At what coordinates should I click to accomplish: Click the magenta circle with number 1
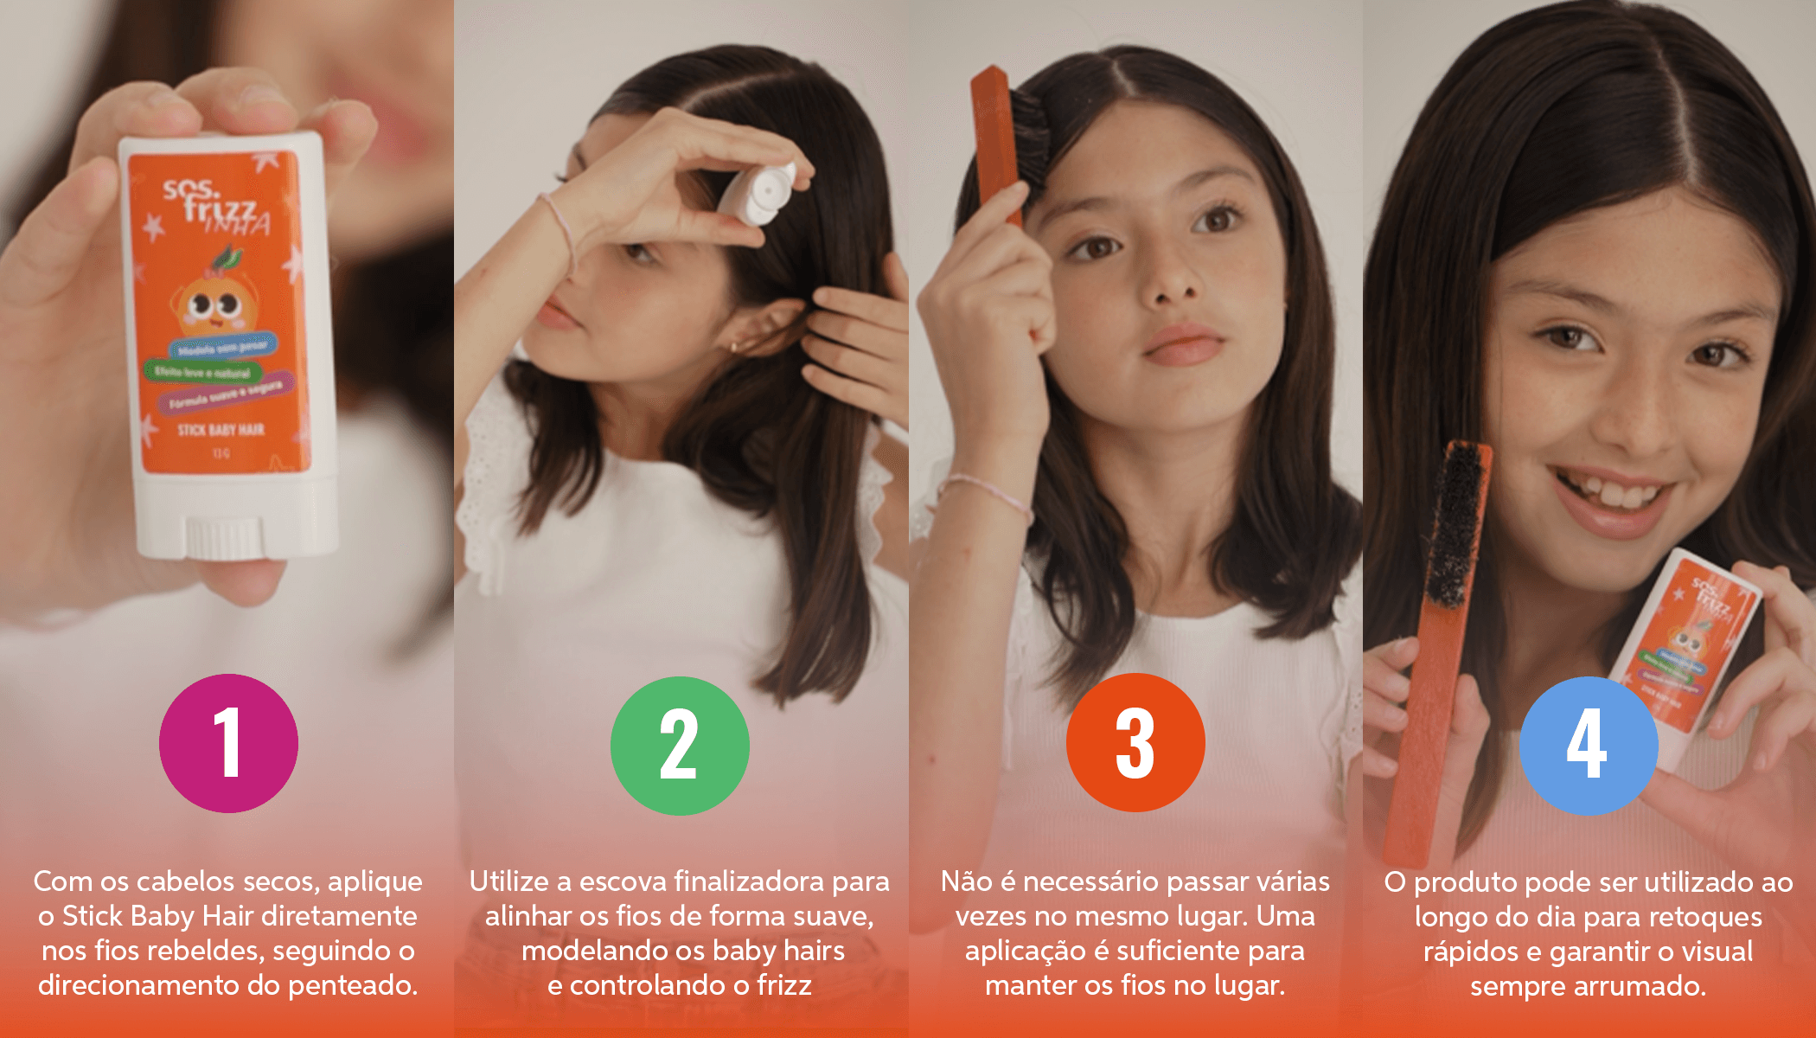pyautogui.click(x=228, y=743)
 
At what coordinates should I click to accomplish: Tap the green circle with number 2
pyautogui.click(x=680, y=746)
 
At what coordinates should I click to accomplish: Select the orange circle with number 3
pyautogui.click(x=1135, y=743)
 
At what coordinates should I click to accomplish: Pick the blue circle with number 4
pyautogui.click(x=1589, y=746)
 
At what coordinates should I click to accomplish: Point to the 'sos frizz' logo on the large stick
pyautogui.click(x=212, y=203)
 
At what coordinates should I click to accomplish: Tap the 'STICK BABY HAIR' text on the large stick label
pyautogui.click(x=221, y=430)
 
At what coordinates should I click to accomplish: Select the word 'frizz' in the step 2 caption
pyautogui.click(x=784, y=985)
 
